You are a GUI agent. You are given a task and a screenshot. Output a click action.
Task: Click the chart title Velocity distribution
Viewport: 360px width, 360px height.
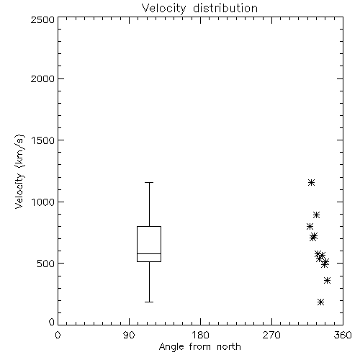pyautogui.click(x=199, y=9)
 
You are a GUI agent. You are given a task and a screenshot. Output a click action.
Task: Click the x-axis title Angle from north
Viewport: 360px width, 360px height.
pyautogui.click(x=199, y=347)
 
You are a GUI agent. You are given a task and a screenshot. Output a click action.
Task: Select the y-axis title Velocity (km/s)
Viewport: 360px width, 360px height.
pyautogui.click(x=19, y=171)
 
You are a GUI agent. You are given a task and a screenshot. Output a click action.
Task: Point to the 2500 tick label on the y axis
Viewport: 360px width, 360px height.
pyautogui.click(x=42, y=19)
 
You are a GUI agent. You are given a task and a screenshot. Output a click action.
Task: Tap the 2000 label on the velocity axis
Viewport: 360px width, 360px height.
pyautogui.click(x=42, y=78)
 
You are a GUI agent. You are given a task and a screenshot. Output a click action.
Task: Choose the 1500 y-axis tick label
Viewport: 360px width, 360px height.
pyautogui.click(x=43, y=140)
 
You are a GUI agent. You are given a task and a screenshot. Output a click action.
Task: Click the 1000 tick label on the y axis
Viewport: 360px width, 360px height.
pyautogui.click(x=43, y=202)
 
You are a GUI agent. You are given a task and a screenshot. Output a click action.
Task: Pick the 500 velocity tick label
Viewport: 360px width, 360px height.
pyautogui.click(x=46, y=264)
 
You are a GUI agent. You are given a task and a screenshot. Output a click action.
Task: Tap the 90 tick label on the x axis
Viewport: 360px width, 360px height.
pyautogui.click(x=129, y=335)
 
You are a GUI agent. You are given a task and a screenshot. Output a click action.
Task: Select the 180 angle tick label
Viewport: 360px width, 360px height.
pyautogui.click(x=200, y=335)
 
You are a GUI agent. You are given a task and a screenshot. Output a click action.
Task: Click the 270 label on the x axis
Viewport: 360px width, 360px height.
pyautogui.click(x=271, y=335)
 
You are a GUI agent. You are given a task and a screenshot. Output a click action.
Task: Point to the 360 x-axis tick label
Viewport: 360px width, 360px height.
pyautogui.click(x=343, y=335)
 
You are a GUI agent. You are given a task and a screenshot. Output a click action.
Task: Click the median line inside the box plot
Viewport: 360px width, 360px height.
pyautogui.click(x=149, y=253)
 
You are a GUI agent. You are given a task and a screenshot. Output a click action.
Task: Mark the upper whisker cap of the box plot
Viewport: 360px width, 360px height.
pyautogui.click(x=149, y=183)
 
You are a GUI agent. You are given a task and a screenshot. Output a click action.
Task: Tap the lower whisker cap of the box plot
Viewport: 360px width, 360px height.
pyautogui.click(x=149, y=302)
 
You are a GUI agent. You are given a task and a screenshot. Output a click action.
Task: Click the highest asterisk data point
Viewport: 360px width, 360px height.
pyautogui.click(x=311, y=183)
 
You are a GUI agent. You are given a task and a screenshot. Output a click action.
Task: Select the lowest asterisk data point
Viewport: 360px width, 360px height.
pyautogui.click(x=320, y=302)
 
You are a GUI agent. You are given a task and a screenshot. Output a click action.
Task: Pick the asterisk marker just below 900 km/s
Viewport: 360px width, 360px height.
pyautogui.click(x=316, y=215)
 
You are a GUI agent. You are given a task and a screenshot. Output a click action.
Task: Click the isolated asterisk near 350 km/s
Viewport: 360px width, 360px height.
pyautogui.click(x=327, y=280)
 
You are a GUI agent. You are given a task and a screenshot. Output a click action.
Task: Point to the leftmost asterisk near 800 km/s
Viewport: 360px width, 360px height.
pyautogui.click(x=310, y=226)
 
